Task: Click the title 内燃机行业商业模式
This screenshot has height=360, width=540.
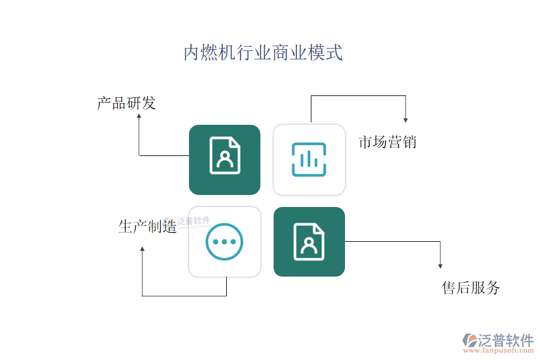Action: pos(263,52)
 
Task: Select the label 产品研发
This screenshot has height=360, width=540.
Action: pos(127,103)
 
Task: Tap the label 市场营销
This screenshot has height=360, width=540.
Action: pos(388,142)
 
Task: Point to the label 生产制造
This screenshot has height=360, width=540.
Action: pos(148,227)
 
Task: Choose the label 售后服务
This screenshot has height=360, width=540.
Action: pos(470,287)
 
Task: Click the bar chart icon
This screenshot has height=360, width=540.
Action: pos(309,160)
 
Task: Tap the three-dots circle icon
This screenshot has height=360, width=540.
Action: pos(224,241)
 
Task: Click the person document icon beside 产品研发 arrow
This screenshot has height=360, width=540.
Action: pos(225,155)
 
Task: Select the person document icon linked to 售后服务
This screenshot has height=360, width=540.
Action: pos(309,241)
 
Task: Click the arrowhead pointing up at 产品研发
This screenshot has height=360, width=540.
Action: pos(139,116)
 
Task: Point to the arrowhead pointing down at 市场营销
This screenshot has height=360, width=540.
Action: pos(406,120)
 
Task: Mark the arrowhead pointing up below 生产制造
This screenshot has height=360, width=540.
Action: pos(142,249)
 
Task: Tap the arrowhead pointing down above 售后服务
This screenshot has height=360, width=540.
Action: pos(440,266)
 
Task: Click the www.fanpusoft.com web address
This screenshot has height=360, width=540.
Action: pos(499,350)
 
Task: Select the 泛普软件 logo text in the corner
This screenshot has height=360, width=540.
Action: pos(506,340)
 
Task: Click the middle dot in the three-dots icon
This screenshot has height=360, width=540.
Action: pos(224,242)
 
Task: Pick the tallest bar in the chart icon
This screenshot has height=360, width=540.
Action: pos(309,158)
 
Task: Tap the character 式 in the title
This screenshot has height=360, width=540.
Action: pos(334,52)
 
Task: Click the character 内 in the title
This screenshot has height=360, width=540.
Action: pos(192,52)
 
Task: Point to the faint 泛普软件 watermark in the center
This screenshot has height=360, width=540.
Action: pos(188,222)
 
